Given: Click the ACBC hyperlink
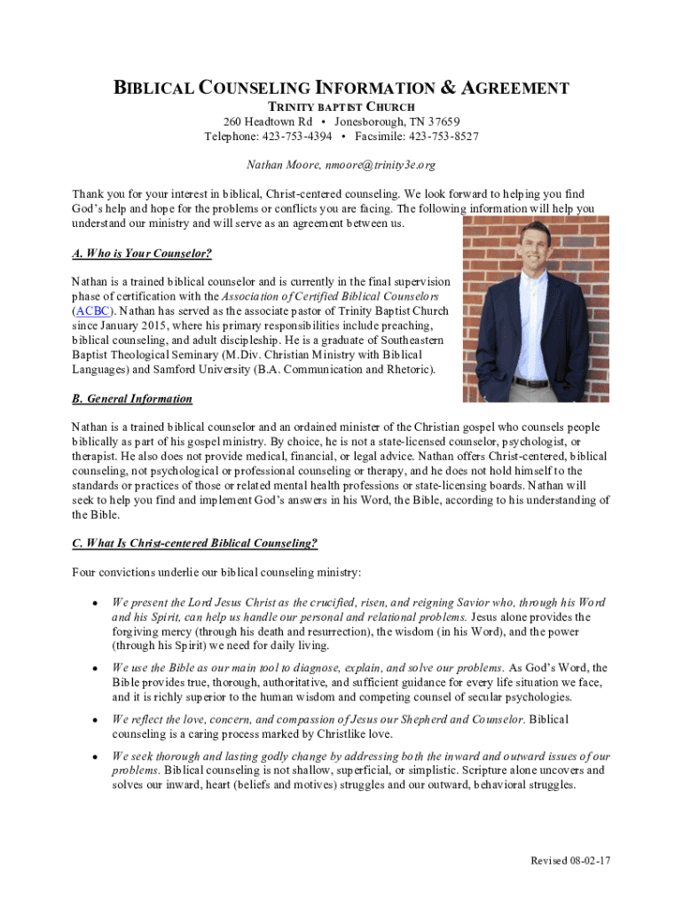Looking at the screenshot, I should pos(91,311).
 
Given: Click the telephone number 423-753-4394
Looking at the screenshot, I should pos(297,137).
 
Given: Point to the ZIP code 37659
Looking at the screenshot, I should pos(443,121).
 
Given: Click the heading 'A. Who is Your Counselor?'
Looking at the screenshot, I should pos(142,254).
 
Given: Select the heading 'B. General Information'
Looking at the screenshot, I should pos(132,399).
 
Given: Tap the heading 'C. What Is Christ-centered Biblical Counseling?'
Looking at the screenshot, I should pos(195,543).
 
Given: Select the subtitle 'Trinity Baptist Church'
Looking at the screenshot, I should pos(341,106).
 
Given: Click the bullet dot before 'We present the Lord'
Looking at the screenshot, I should pos(93,602).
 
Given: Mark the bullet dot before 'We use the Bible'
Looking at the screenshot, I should pos(93,668).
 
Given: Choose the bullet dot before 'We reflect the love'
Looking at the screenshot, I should pos(93,719).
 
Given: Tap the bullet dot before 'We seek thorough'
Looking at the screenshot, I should pos(93,756).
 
